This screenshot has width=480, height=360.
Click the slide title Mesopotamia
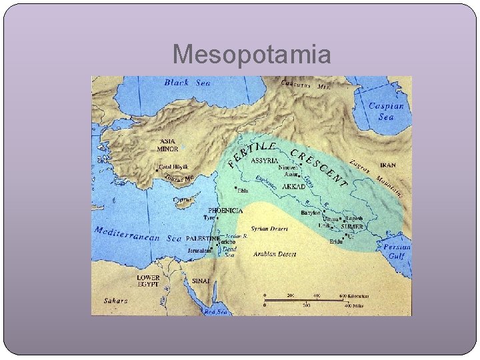coord(251,55)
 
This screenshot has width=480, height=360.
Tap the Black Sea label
coord(186,83)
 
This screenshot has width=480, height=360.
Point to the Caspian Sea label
coord(386,111)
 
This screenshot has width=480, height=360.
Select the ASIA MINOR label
coord(168,145)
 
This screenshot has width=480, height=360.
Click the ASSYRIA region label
coord(265,160)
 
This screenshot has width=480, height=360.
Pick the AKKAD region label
coord(293,187)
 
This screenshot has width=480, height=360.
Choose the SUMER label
coord(352,227)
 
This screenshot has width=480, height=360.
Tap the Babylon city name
coord(311,213)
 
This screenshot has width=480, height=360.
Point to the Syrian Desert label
coord(269,229)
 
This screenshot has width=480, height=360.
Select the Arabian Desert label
coord(274,254)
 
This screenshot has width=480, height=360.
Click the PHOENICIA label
coord(225,210)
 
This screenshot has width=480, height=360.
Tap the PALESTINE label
coord(203,238)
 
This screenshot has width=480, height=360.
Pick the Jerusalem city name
coord(199,251)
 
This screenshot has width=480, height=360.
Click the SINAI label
coord(201,281)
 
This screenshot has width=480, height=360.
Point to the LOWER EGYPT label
coord(149,281)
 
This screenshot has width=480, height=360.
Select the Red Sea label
coord(215,311)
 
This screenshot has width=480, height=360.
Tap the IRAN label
coord(387,164)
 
